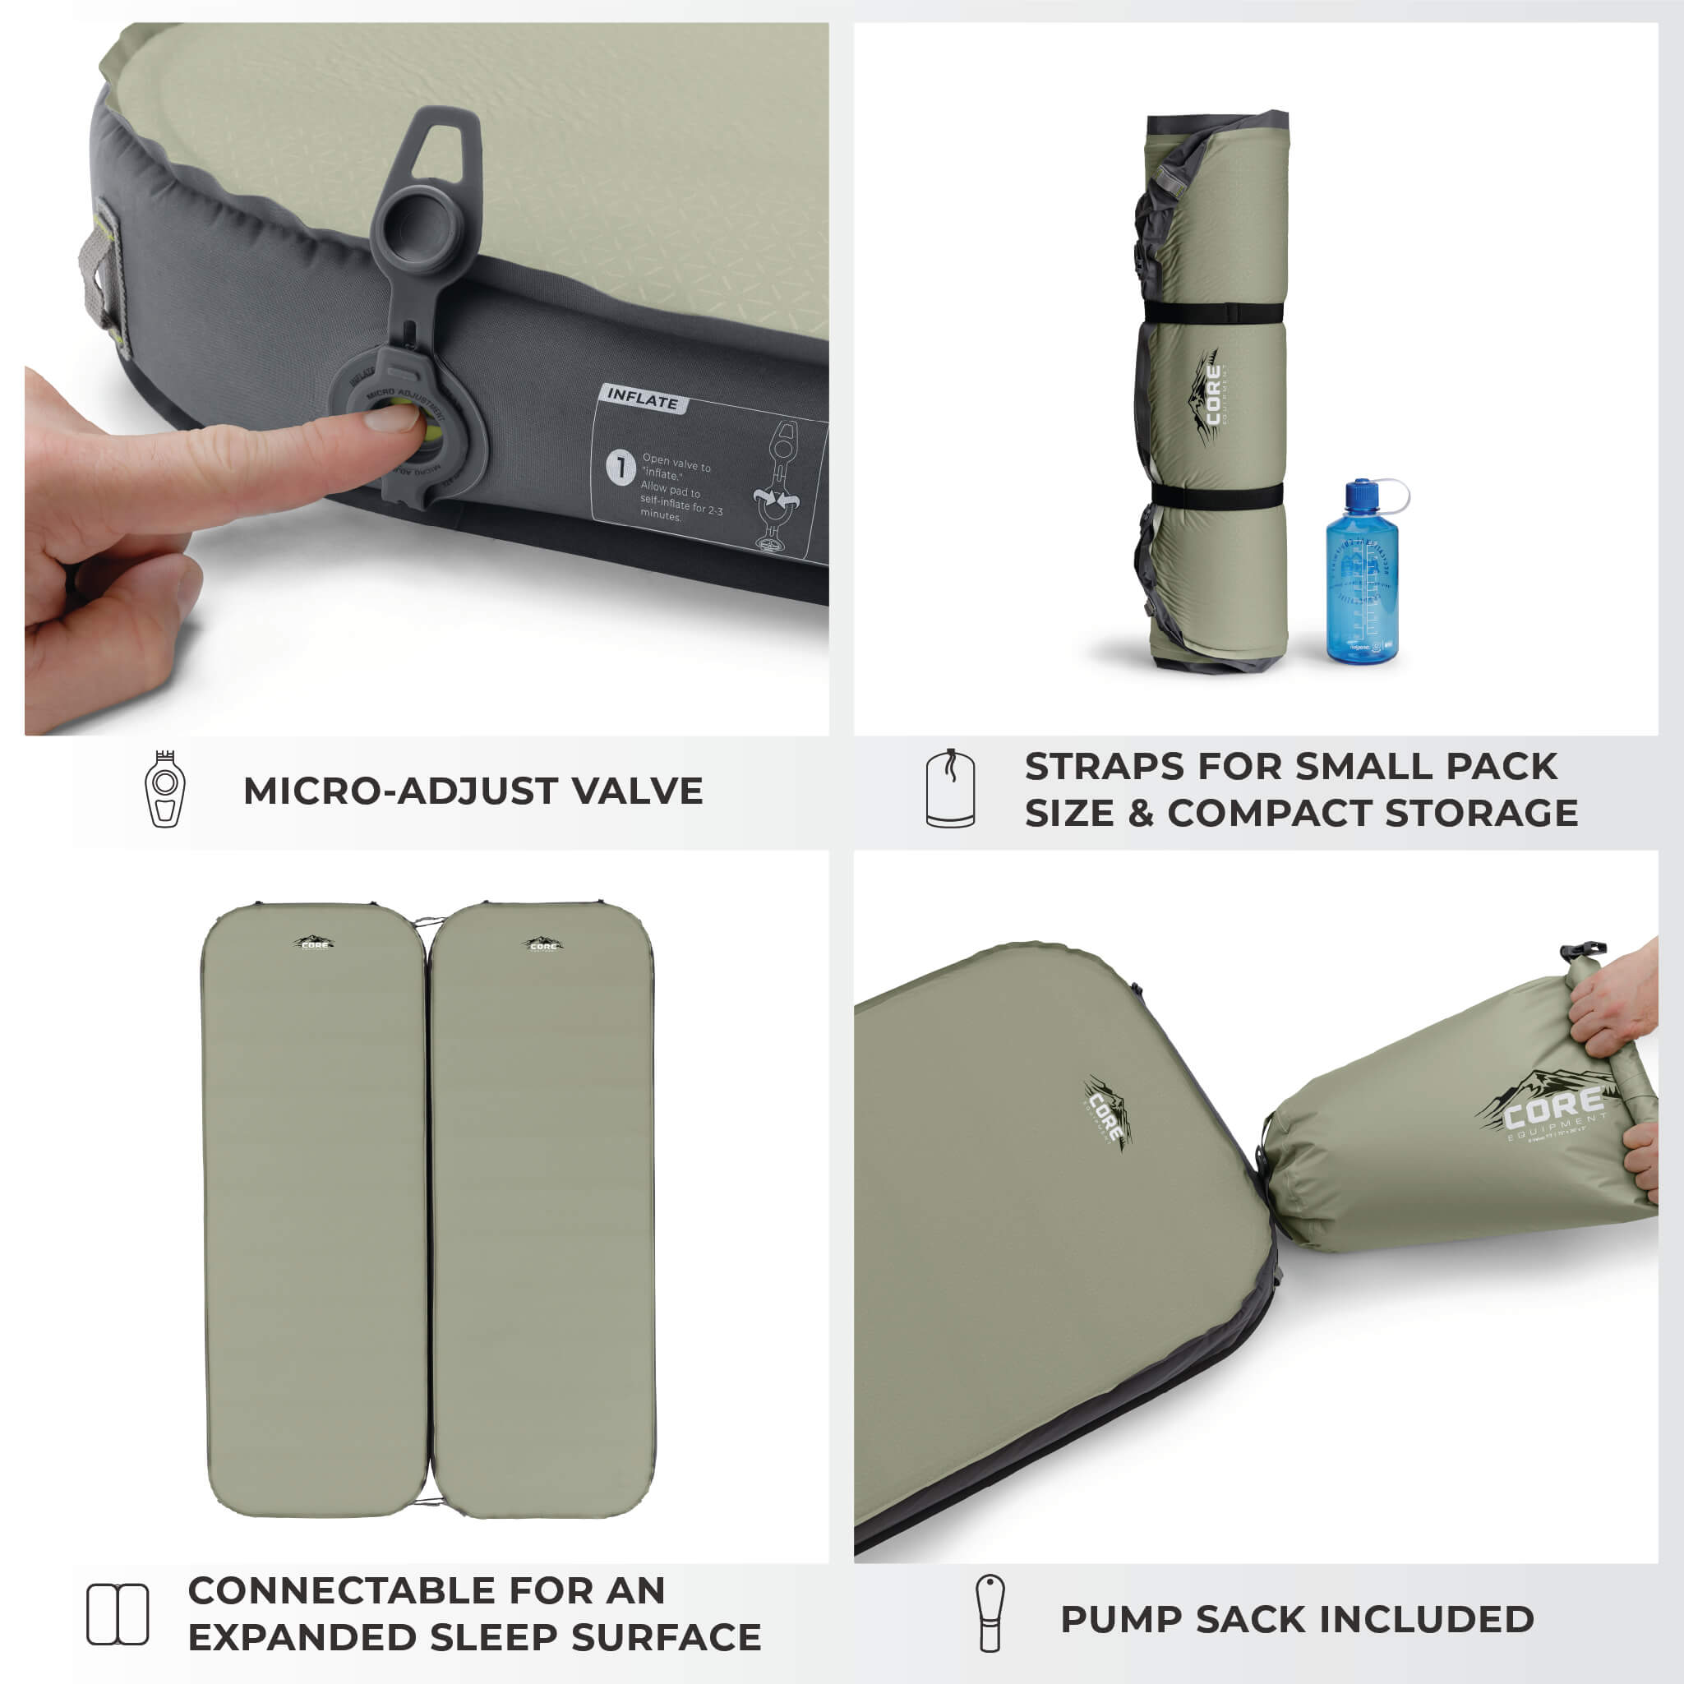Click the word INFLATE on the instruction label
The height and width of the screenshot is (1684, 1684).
tap(643, 399)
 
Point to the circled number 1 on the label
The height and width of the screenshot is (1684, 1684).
tap(620, 467)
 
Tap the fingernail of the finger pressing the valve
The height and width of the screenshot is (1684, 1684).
tap(391, 419)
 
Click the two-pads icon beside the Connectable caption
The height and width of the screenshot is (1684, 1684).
tap(118, 1613)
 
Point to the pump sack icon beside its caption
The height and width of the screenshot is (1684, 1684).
tap(990, 1613)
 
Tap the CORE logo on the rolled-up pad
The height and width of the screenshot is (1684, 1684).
tap(1211, 397)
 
